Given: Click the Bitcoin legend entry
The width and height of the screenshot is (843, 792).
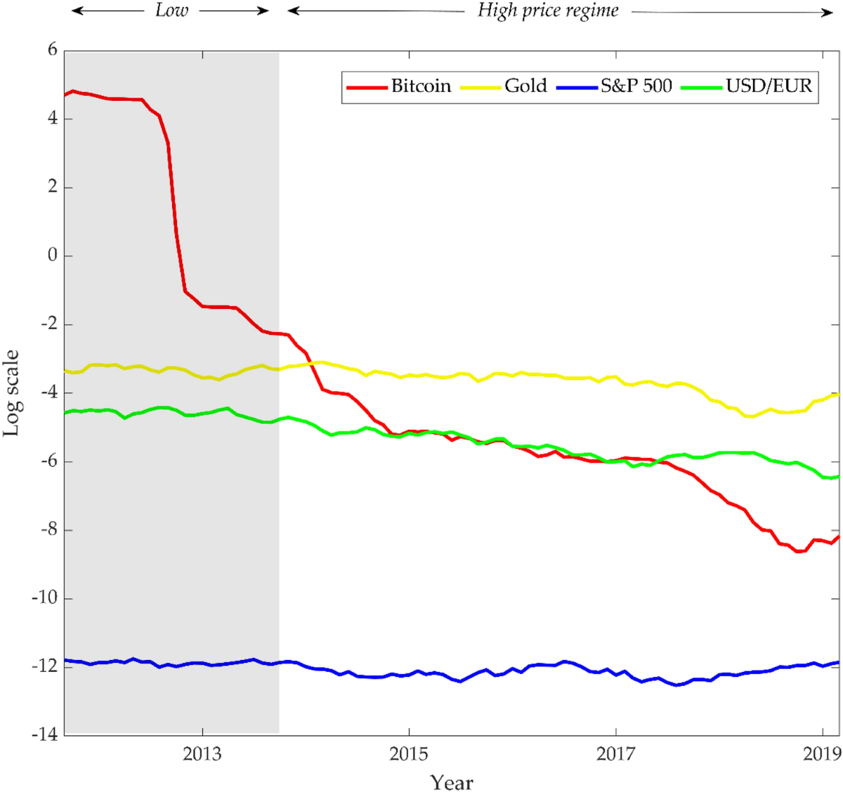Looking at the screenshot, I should pos(421,86).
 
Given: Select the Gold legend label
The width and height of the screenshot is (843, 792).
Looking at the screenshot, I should pos(525,86).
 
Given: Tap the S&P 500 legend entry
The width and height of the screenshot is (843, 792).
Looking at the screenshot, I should pos(636,86).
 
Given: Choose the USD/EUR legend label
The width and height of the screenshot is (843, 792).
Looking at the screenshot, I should pos(769,86).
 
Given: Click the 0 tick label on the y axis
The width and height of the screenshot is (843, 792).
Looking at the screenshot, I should pos(52,256).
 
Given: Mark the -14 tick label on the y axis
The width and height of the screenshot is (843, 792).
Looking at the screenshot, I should pos(45,734).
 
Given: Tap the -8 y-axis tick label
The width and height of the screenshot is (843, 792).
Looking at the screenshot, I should pos(48,529).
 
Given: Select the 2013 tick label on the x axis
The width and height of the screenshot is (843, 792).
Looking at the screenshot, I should pos(202,754).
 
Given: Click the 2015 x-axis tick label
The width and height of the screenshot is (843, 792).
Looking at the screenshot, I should pos(409,754).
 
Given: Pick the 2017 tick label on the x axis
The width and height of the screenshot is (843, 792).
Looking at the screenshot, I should pos(615,754).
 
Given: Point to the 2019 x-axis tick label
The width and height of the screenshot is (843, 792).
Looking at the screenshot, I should pos(822,754).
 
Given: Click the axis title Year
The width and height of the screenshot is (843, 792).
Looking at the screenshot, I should pos(452,781).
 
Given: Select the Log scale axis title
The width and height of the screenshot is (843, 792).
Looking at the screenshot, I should pos(12,393).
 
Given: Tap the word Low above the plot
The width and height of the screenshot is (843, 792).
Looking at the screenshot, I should pos(171,11).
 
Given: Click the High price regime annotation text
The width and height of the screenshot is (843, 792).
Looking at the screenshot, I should pos(548,11).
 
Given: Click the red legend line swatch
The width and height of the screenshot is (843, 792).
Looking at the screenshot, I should pos(367,87).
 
